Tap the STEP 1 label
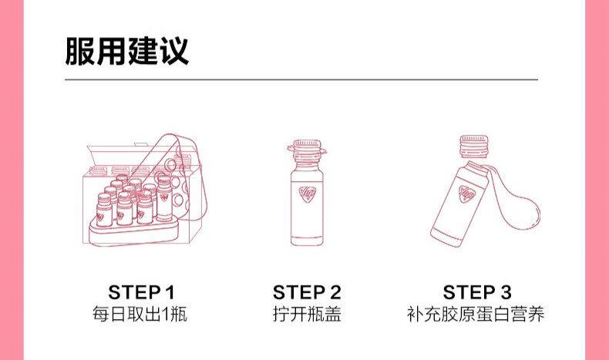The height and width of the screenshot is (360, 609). tap(142, 292)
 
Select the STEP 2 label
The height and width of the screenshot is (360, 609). tap(307, 292)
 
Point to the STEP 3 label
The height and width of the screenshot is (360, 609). tap(477, 292)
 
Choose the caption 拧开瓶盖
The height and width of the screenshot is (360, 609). tap(307, 315)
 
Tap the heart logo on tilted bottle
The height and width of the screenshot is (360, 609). tap(466, 192)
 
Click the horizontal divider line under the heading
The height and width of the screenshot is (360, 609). tap(301, 79)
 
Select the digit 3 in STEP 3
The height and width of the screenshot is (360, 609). tap(506, 292)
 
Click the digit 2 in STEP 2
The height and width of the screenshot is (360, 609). tap(335, 292)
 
